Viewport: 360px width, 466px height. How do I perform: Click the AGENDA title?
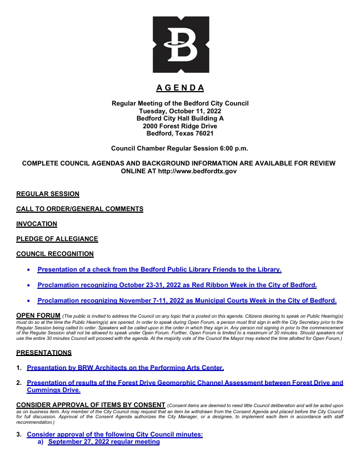coord(180,88)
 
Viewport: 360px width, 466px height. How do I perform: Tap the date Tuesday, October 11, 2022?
coord(180,111)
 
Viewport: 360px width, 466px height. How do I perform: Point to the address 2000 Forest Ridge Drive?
coord(180,126)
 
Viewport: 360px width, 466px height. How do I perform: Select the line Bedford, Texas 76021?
coord(180,133)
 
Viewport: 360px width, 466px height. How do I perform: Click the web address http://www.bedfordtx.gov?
coord(198,171)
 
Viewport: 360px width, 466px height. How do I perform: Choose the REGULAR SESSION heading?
coord(48,194)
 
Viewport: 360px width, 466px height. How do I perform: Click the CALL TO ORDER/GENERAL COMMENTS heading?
coord(80,209)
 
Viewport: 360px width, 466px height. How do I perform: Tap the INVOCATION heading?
coord(37,224)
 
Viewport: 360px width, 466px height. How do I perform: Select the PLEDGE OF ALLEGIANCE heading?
coord(57,239)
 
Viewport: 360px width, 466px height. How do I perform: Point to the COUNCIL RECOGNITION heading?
coord(55,254)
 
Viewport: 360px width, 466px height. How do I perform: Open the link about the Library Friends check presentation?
coord(159,269)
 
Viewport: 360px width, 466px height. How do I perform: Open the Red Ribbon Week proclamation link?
coord(177,285)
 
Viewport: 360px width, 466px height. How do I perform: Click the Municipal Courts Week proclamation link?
coord(187,300)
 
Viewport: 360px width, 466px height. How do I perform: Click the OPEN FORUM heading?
coord(38,315)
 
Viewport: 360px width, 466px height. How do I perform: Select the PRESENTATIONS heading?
coord(44,352)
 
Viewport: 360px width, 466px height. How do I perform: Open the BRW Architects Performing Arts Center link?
coord(126,367)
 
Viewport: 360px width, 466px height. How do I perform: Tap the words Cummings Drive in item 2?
coord(53,390)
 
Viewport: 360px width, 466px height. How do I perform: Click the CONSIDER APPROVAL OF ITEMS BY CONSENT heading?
coord(91,404)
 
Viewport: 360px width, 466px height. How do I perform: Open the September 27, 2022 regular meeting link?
coord(104,442)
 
